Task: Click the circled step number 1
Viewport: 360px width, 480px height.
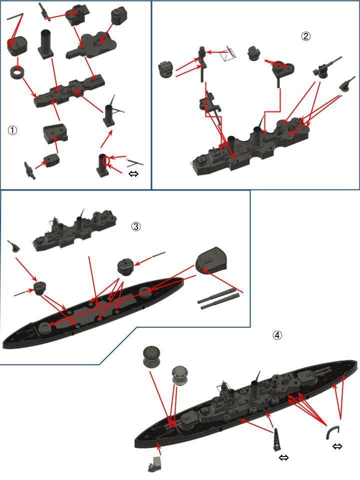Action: [12, 130]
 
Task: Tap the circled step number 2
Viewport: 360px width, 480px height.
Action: [305, 36]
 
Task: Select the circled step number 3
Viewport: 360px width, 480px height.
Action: [136, 226]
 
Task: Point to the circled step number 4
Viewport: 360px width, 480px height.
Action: [277, 335]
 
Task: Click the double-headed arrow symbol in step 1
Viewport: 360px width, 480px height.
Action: [134, 174]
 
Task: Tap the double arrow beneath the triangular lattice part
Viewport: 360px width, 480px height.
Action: [283, 457]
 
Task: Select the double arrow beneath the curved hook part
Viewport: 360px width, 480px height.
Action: [337, 446]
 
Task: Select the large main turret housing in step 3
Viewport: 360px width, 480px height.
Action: [211, 261]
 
